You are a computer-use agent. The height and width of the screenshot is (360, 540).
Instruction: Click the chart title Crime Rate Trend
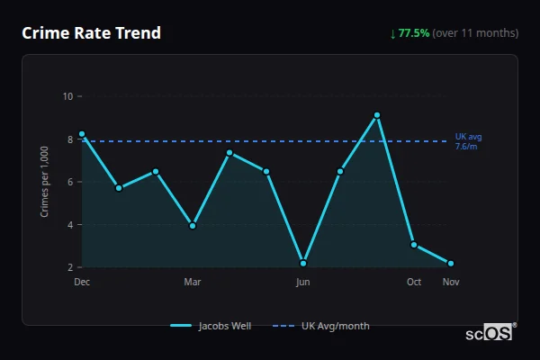92,33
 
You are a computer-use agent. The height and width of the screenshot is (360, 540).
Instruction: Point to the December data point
82,134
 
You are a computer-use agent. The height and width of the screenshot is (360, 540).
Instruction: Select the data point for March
193,226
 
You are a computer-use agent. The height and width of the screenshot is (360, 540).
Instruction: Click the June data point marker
303,264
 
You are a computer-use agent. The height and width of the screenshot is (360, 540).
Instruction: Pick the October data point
414,245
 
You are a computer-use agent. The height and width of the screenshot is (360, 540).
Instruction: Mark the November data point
451,264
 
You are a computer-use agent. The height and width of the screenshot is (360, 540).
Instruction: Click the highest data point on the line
377,115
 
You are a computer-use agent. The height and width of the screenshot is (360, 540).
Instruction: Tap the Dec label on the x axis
82,282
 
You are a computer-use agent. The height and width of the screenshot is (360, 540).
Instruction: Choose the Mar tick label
193,282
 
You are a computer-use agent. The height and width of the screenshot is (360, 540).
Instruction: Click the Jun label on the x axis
303,282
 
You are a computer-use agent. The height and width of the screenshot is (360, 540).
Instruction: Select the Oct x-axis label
414,282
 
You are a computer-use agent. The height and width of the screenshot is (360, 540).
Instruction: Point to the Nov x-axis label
451,282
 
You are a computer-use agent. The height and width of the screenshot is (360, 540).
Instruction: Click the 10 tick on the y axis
68,96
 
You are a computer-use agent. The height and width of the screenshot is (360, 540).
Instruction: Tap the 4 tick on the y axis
70,225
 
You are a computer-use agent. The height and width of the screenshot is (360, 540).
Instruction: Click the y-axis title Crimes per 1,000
45,181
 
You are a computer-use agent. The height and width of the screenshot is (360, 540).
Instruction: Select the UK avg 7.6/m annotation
468,141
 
